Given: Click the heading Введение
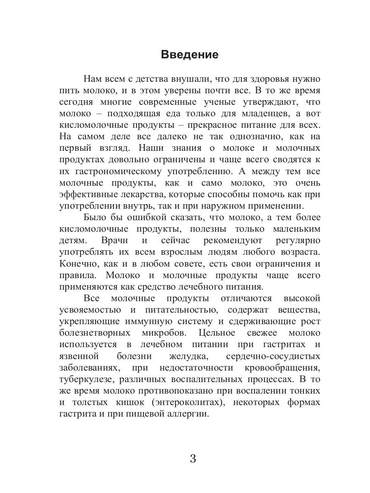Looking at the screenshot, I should pyautogui.click(x=190, y=55).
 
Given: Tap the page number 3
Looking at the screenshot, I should pyautogui.click(x=193, y=458).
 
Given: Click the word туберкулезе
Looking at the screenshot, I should pyautogui.click(x=85, y=379).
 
